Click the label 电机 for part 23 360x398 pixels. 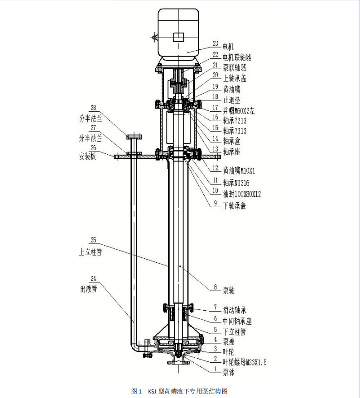(x=228, y=47)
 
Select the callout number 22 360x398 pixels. (x=216, y=55)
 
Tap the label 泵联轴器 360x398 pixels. (x=235, y=68)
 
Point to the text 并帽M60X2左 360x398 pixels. (x=239, y=111)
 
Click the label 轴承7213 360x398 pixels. (x=235, y=121)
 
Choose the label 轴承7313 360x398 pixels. (x=235, y=131)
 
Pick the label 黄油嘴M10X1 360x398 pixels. (x=239, y=171)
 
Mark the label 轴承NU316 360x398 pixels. (x=236, y=183)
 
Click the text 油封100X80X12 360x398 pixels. (x=242, y=194)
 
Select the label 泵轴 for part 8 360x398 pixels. (x=229, y=290)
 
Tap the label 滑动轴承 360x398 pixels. (x=235, y=310)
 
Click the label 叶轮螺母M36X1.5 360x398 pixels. (x=245, y=362)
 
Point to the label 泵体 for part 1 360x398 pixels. (x=229, y=373)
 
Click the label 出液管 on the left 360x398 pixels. (x=89, y=289)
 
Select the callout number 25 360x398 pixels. (x=93, y=240)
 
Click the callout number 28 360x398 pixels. (x=93, y=108)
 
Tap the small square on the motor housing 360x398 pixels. (x=178, y=37)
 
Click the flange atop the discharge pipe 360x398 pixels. (x=134, y=137)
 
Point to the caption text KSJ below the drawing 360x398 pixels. (x=153, y=391)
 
